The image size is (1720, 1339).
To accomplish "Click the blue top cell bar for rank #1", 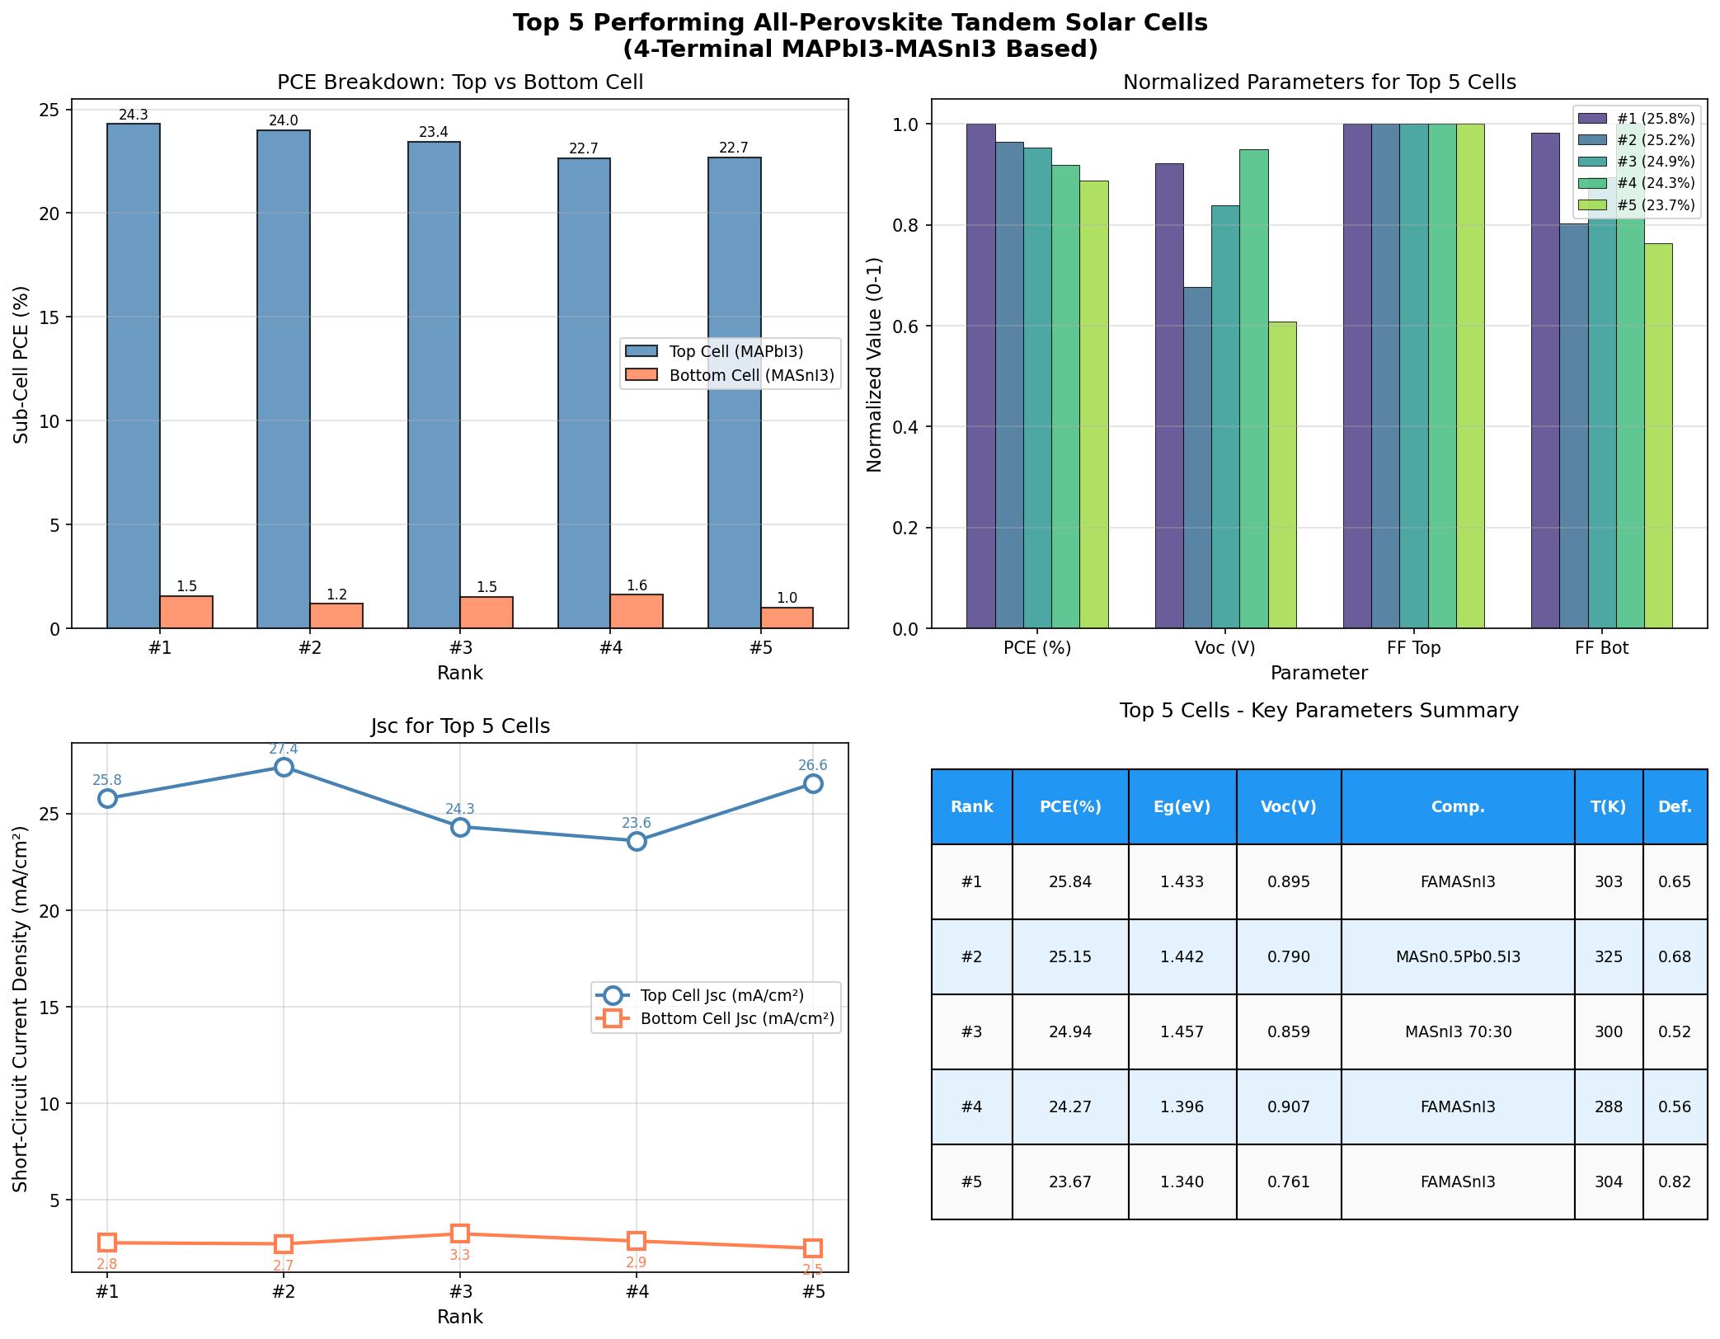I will tap(134, 375).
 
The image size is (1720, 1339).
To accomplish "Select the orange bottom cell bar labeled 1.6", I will tap(637, 611).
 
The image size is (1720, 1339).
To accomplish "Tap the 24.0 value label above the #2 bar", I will tap(284, 121).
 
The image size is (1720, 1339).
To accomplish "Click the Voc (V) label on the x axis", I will tap(1224, 648).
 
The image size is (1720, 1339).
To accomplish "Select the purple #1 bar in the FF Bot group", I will tap(1544, 380).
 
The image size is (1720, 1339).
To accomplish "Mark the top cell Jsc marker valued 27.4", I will tap(284, 768).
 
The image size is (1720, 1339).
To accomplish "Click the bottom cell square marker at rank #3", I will tap(460, 1233).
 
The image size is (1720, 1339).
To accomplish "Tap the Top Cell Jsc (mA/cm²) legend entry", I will tap(716, 995).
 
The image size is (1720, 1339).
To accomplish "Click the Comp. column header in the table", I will tap(1457, 807).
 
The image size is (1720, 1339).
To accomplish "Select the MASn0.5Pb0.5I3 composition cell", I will tap(1457, 957).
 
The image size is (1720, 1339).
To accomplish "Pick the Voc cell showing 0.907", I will tap(1288, 1106).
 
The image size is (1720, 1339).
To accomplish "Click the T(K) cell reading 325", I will tap(1608, 957).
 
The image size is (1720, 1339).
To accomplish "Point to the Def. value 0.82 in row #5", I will tap(1674, 1182).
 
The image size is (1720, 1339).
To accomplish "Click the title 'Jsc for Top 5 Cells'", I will tap(460, 726).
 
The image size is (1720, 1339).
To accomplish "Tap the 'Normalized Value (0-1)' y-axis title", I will tap(875, 364).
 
